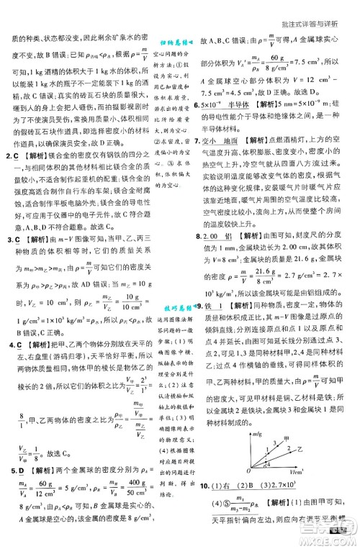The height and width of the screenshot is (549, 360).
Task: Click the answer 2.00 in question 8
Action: coord(214,237)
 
